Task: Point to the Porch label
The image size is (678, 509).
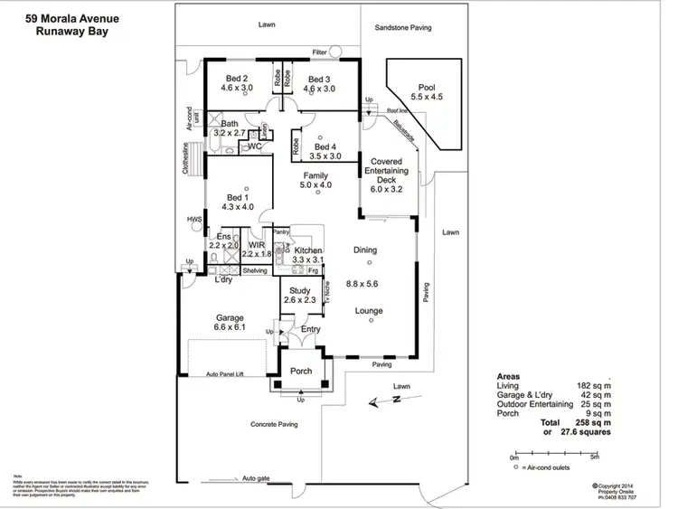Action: tap(300, 371)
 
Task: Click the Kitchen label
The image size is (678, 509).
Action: tap(307, 250)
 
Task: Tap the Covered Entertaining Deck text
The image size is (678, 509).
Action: tap(386, 170)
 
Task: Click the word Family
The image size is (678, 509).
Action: tap(315, 174)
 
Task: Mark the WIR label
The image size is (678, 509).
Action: tap(256, 244)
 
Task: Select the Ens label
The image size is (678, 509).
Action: tap(223, 237)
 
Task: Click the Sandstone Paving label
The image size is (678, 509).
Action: tap(403, 28)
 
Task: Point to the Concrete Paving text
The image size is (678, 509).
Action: tap(275, 423)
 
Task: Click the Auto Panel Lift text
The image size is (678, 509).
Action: tap(225, 373)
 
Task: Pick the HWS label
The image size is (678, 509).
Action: tap(193, 219)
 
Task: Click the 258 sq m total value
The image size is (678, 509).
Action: tap(588, 422)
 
